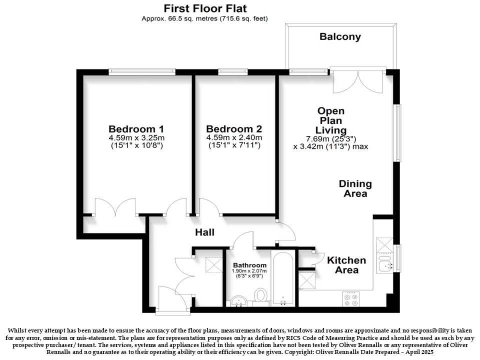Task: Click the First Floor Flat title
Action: click(205, 8)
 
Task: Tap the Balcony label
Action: click(340, 36)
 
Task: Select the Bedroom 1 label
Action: click(136, 129)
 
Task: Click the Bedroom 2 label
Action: click(234, 129)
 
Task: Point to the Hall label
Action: click(205, 232)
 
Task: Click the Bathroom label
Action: click(250, 265)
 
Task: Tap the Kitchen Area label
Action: click(346, 265)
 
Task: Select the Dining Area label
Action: click(355, 188)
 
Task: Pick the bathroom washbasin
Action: click(238, 301)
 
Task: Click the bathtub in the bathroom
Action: click(283, 278)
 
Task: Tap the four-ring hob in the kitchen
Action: click(351, 299)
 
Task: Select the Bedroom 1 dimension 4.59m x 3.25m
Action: click(136, 138)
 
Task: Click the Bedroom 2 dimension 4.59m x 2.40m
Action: click(234, 138)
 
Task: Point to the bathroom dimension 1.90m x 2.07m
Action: click(249, 271)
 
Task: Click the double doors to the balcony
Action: click(358, 81)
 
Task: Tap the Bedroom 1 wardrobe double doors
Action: click(115, 207)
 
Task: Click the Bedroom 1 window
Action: click(142, 72)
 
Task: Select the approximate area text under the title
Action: click(204, 18)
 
